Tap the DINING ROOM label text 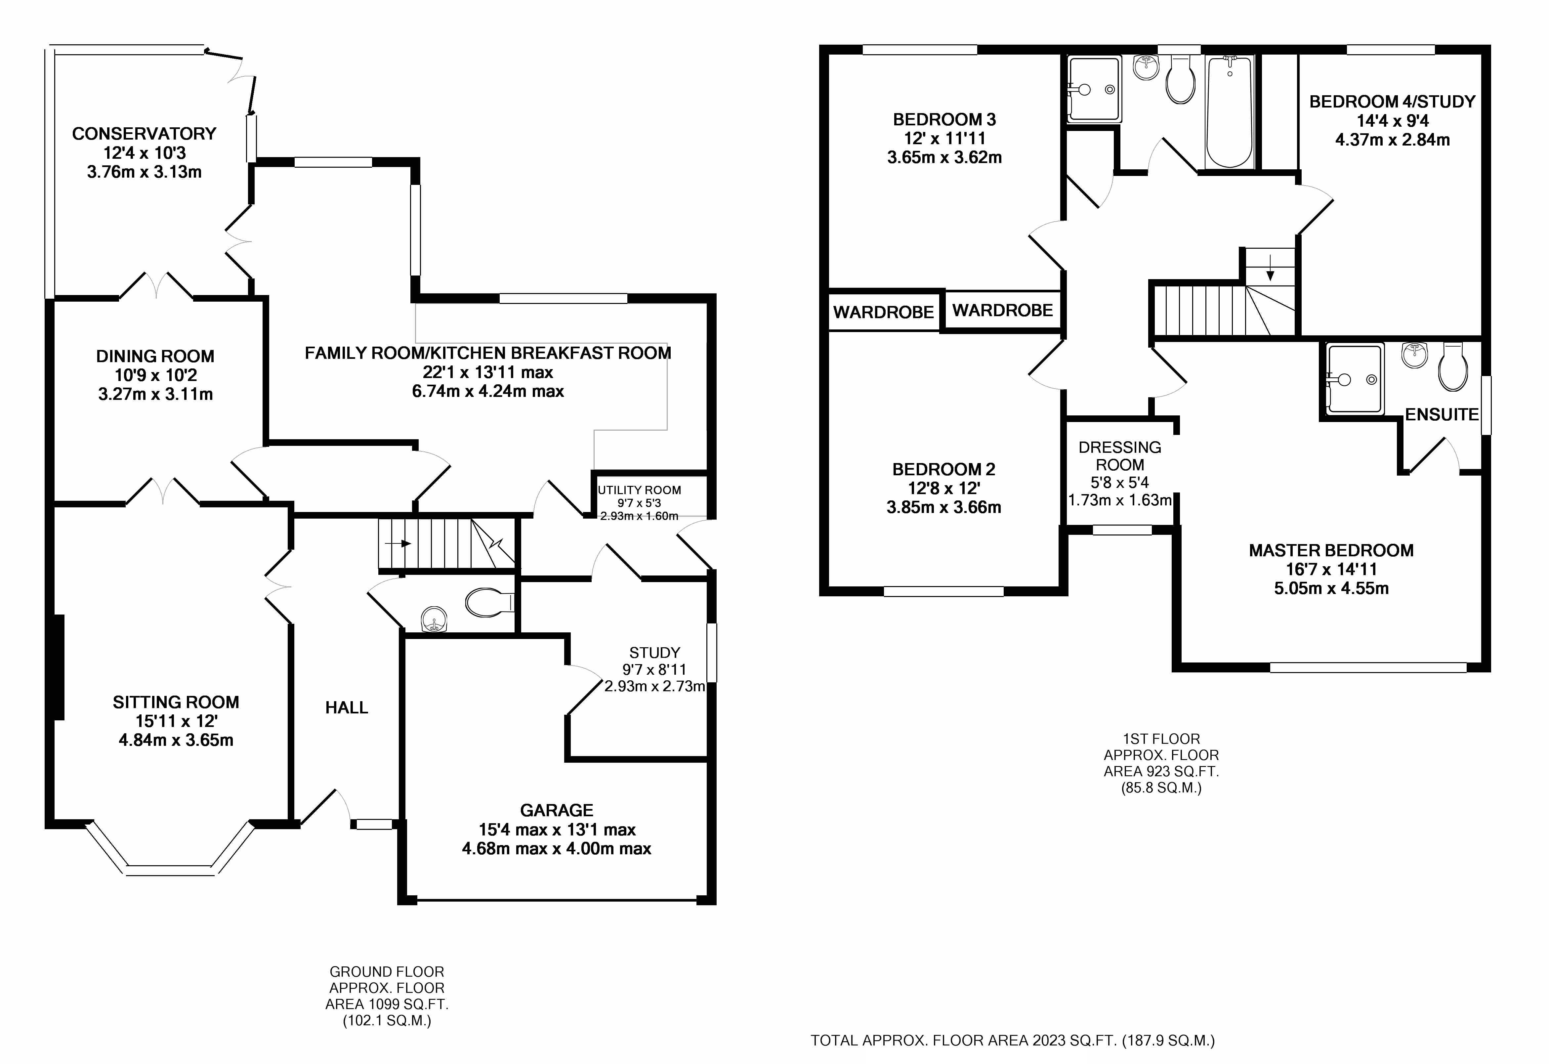(155, 357)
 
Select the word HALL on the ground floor (347, 708)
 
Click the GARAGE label (557, 811)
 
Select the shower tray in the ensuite (1354, 379)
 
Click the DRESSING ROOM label (1120, 456)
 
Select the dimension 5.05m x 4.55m (1331, 589)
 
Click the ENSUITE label (1442, 415)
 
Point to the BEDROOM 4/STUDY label (1392, 102)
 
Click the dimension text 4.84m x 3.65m (176, 740)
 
